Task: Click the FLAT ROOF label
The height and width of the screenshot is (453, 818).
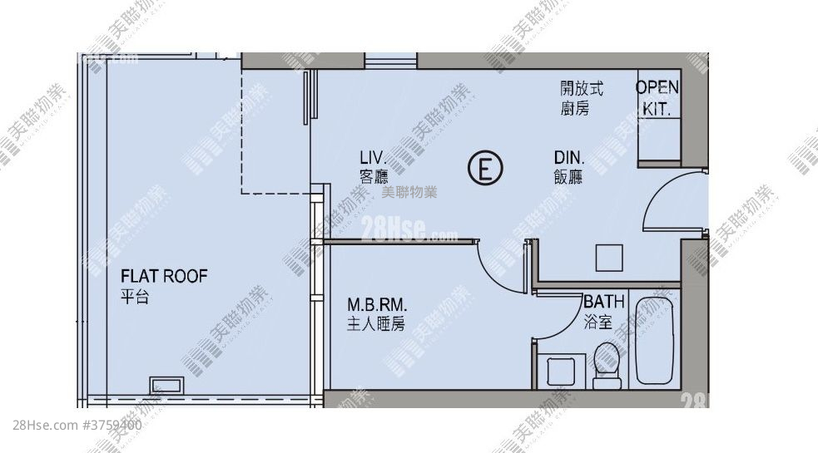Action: pos(164,277)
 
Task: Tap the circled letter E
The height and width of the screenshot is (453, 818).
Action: pos(485,168)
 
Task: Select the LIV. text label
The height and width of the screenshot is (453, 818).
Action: pos(374,157)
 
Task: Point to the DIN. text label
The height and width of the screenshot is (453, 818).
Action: pos(570,157)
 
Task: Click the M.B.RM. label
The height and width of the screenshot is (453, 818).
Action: pos(377,304)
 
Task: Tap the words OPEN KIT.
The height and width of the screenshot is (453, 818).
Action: pos(657,97)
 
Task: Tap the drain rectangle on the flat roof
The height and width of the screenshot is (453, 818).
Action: pos(167,385)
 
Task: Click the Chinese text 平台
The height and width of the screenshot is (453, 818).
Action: pos(134,297)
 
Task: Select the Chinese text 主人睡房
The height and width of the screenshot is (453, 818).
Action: pos(375,324)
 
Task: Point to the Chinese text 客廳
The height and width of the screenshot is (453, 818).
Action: pos(374,176)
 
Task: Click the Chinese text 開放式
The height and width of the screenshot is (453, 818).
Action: pos(581,88)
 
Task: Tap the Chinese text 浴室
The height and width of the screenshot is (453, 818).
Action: pos(597,319)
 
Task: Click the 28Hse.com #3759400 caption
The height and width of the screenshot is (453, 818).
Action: pos(78,425)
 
